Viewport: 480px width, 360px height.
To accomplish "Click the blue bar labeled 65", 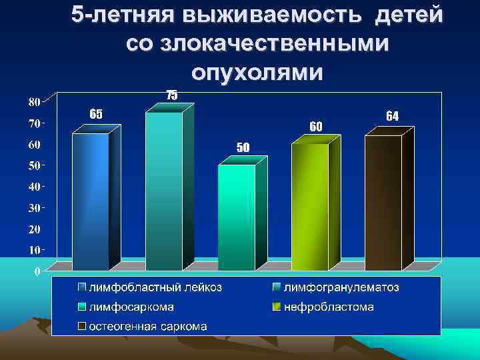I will click(90, 200).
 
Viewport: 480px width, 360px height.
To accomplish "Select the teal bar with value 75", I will click(163, 190).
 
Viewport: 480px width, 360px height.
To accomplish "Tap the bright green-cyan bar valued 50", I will click(237, 217).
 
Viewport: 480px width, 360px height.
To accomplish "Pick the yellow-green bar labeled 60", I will click(310, 207).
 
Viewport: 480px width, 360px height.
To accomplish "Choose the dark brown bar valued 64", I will click(383, 202).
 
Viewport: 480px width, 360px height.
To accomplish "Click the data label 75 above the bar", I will click(171, 95).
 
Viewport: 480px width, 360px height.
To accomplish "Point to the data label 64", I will click(392, 116).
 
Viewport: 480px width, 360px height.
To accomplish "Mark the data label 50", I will click(243, 147).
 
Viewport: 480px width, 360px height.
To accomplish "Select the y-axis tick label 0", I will click(37, 271).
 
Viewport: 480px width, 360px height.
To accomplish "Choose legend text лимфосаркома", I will click(132, 307).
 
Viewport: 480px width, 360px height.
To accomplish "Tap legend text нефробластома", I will click(329, 307).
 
